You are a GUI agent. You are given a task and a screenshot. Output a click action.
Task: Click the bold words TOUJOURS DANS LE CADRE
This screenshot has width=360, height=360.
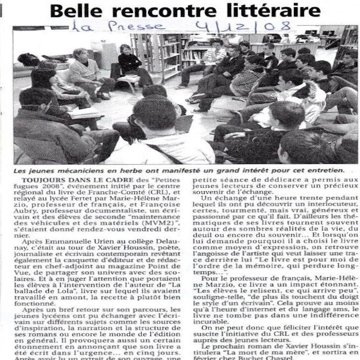tap(72, 180)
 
